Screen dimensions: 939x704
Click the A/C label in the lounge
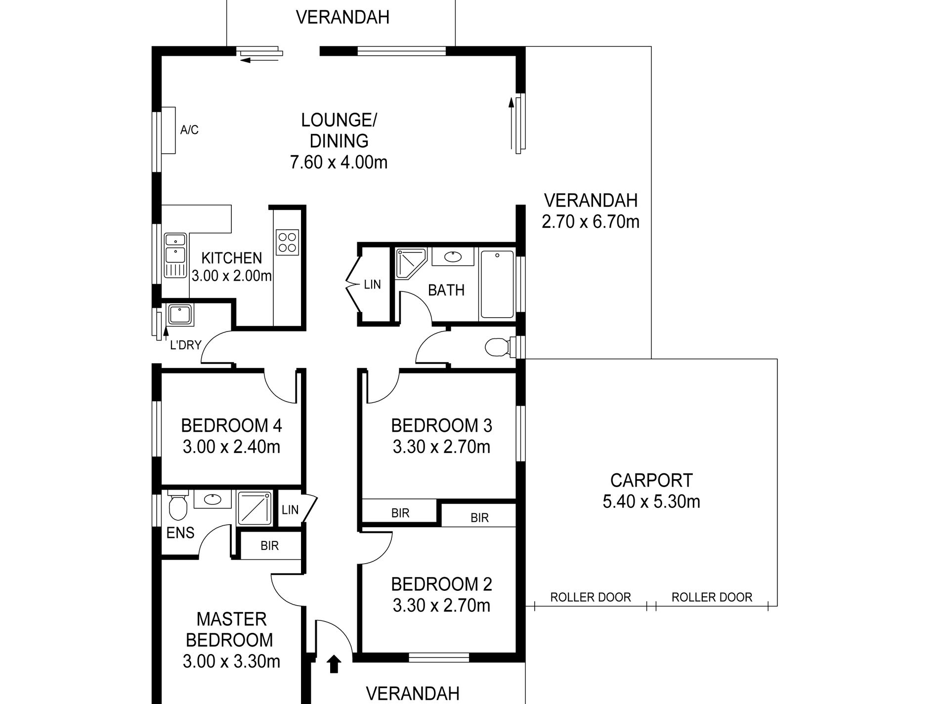[189, 130]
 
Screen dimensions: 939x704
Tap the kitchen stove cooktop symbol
[288, 243]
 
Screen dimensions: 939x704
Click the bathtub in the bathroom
[496, 285]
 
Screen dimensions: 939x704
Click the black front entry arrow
[334, 664]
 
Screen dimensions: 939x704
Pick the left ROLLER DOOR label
[591, 597]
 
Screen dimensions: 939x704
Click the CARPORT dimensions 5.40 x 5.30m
[651, 502]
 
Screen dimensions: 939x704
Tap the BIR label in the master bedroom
[269, 546]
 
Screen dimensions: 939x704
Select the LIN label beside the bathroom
[372, 285]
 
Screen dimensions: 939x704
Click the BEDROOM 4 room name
[231, 425]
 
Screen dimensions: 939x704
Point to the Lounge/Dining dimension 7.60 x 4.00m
[339, 163]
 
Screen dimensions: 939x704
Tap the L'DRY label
[185, 345]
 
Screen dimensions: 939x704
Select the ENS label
[180, 533]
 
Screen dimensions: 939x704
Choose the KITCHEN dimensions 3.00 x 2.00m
[232, 276]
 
